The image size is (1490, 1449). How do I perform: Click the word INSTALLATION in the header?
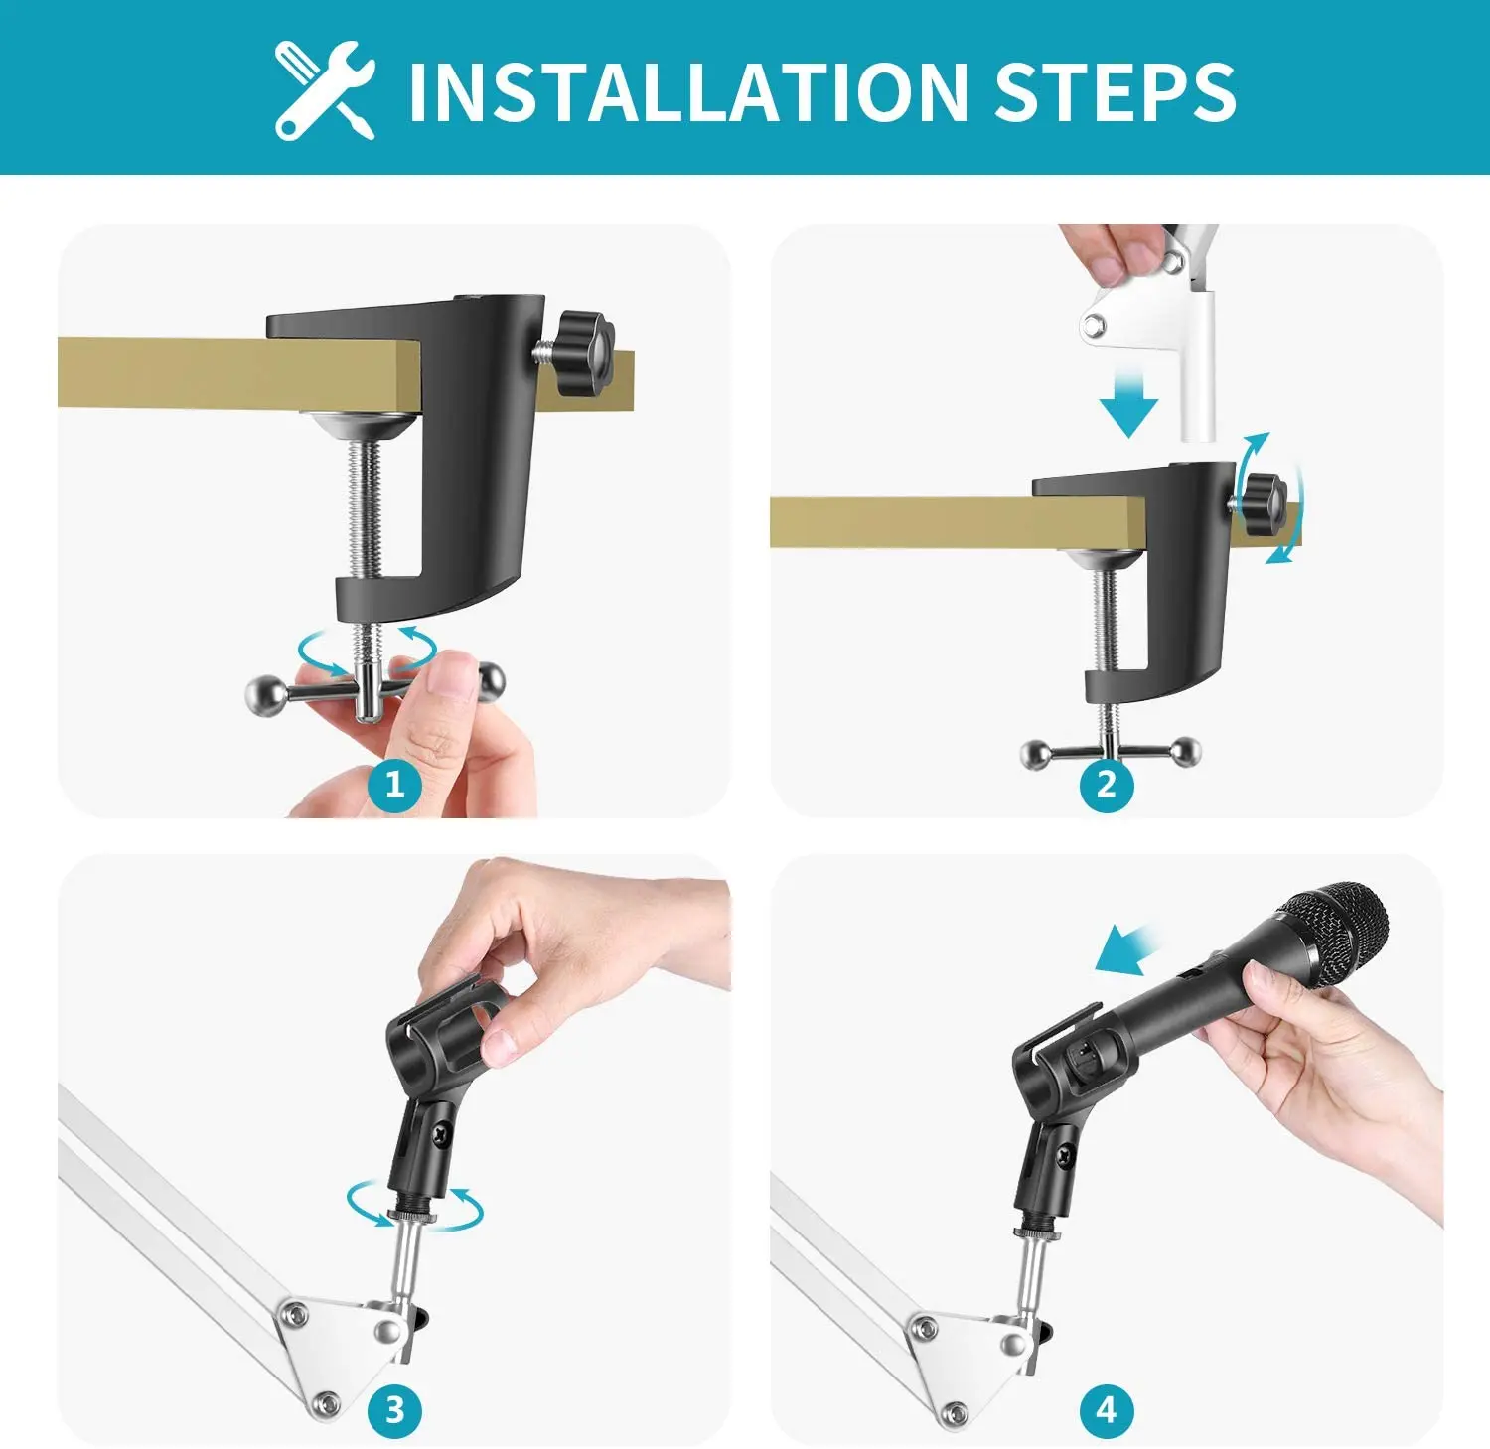[x=687, y=92]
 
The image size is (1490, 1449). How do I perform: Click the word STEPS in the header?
[x=1115, y=92]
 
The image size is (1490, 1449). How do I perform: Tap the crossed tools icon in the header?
[x=325, y=90]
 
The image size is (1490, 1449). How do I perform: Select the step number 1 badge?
[x=394, y=785]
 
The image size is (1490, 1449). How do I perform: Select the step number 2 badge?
[x=1107, y=785]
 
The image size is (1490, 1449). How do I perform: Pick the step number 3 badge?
[x=394, y=1409]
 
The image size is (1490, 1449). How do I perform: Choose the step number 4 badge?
[x=1107, y=1409]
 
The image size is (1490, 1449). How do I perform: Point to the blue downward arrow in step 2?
[x=1128, y=400]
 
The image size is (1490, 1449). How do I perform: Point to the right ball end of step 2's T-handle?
[x=1185, y=752]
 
